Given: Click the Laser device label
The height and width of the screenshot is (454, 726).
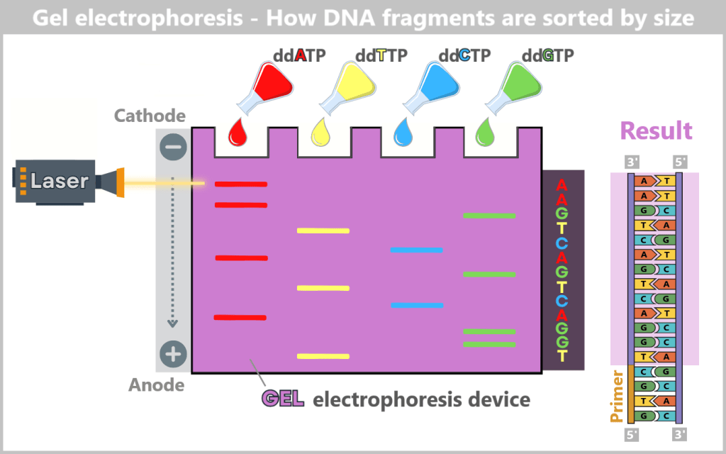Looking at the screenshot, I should click(60, 181).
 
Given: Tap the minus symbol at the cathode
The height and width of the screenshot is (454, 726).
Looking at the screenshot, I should click(173, 148).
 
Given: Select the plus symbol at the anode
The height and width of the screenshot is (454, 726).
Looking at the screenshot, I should click(173, 353).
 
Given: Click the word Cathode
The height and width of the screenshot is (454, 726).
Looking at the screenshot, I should click(150, 116).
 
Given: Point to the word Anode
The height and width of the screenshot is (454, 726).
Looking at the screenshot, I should click(156, 385).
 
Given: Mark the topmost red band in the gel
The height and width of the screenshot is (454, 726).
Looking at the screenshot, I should click(241, 184).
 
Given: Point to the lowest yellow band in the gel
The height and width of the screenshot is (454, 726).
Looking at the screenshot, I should click(323, 356).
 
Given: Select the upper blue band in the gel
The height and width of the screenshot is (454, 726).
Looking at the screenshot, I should click(417, 250).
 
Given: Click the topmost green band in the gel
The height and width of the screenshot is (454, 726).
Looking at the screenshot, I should click(489, 216).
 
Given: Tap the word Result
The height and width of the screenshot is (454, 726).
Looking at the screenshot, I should click(656, 131).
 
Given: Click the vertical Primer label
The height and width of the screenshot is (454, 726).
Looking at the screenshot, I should click(616, 395).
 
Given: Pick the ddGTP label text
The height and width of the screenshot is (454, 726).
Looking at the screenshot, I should click(548, 55).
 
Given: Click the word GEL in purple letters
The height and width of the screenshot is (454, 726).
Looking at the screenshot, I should click(283, 399).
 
